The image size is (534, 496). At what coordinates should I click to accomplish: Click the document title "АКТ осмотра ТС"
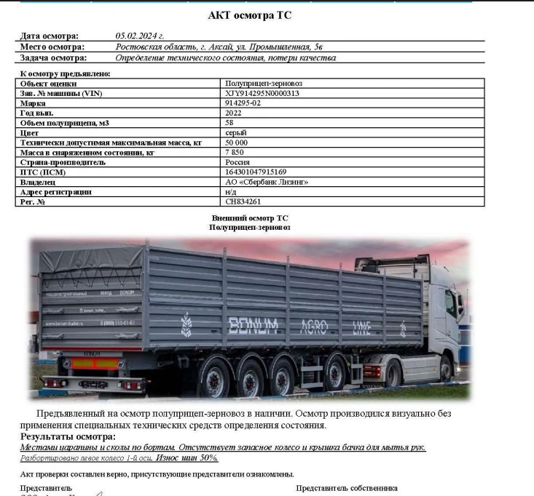click(250, 15)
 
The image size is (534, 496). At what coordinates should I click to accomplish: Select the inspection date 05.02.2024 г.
click(140, 36)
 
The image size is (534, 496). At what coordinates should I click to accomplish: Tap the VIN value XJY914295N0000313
click(262, 94)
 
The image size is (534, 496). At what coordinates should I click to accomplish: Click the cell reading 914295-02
click(243, 103)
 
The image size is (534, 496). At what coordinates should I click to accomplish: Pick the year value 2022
click(234, 113)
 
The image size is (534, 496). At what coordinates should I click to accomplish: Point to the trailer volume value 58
click(230, 123)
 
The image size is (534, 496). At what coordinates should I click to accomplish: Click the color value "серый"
click(236, 133)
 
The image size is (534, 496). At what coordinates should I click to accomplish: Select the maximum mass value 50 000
click(238, 143)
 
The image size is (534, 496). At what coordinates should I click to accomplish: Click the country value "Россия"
click(237, 162)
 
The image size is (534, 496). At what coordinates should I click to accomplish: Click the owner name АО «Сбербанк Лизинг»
click(267, 182)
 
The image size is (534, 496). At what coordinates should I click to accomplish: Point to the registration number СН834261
click(243, 201)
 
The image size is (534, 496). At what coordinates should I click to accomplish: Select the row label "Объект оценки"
click(48, 84)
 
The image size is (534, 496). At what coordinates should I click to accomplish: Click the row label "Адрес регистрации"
click(56, 192)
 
